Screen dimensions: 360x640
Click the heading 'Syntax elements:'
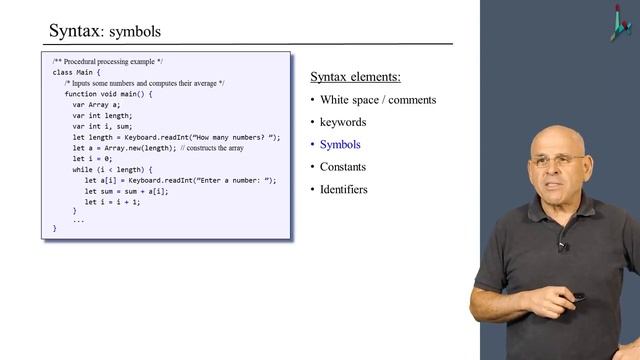[x=356, y=77]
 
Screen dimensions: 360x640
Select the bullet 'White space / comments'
[x=378, y=100]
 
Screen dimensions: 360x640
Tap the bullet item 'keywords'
[x=343, y=122]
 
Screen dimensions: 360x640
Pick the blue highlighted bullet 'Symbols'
[x=340, y=145]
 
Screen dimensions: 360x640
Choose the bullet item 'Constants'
[x=343, y=167]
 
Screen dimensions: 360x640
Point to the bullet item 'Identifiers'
[x=343, y=189]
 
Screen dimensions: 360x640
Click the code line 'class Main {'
[x=76, y=73]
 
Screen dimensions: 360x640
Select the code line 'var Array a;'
[x=95, y=105]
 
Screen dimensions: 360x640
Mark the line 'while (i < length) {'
[x=113, y=169]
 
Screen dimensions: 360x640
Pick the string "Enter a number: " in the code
[x=231, y=180]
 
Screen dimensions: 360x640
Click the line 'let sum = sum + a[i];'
[x=126, y=191]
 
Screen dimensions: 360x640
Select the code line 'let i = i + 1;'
[x=112, y=201]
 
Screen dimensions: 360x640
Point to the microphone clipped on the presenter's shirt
[x=563, y=245]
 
